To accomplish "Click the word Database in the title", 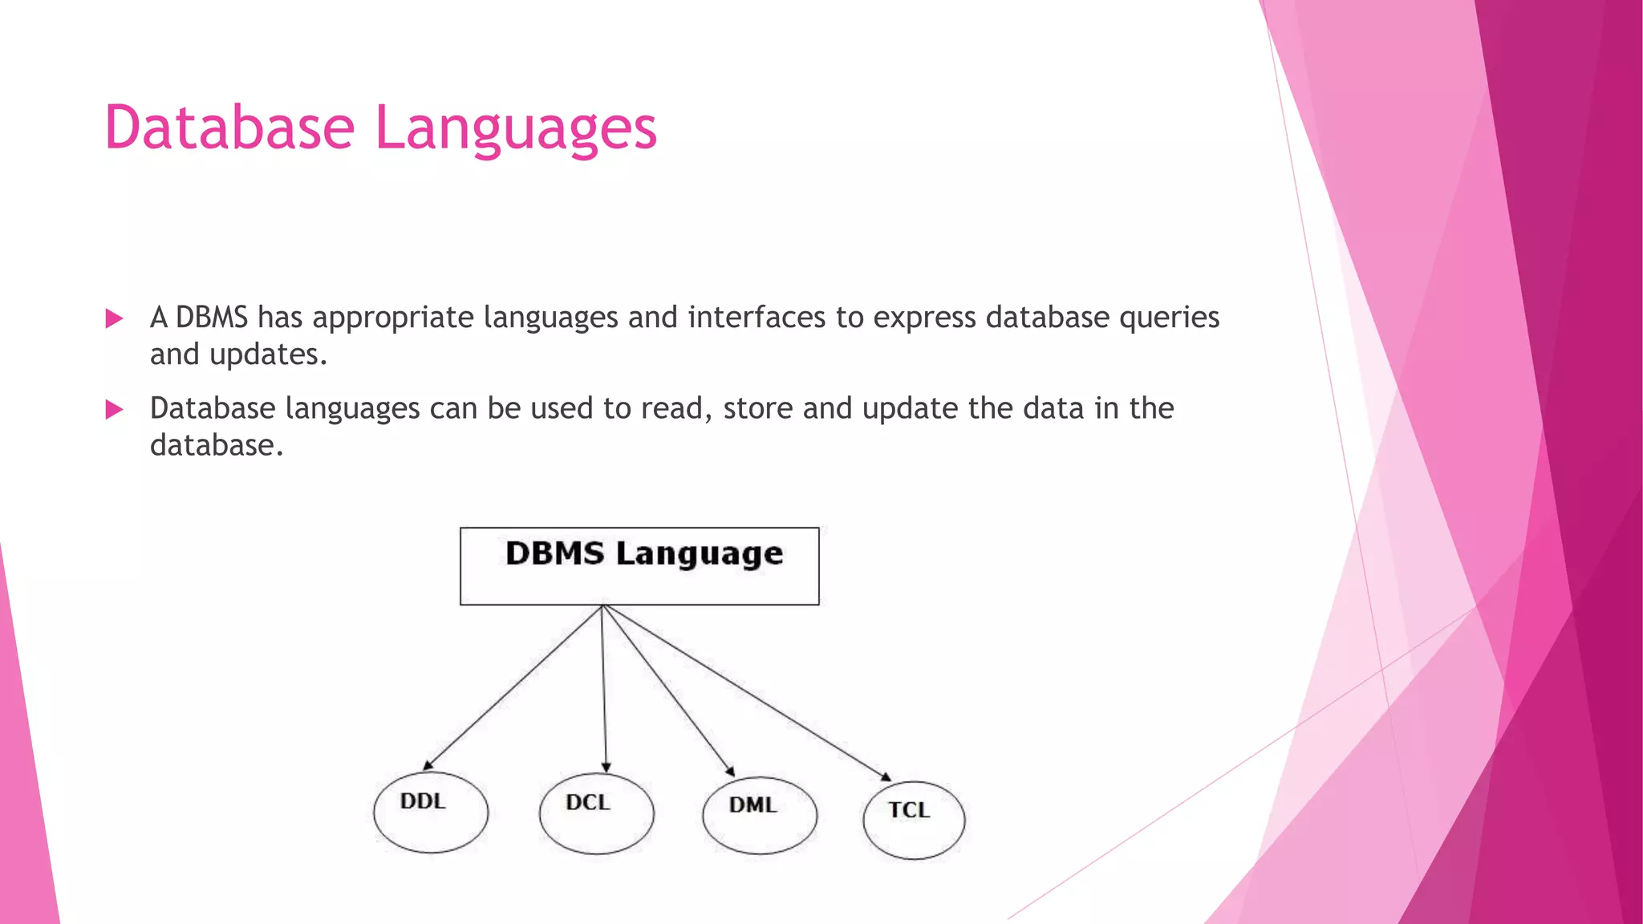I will click(x=229, y=128).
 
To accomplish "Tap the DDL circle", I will click(x=431, y=812).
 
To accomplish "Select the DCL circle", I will click(x=596, y=813).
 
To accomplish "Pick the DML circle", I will click(x=760, y=815).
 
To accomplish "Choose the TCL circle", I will click(x=914, y=820).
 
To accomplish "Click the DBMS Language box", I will click(x=639, y=565).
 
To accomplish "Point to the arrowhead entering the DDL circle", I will click(x=428, y=765).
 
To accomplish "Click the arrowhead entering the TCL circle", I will click(x=886, y=776).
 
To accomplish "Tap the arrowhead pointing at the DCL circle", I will click(x=606, y=768).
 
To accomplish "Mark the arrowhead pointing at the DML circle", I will click(x=730, y=772).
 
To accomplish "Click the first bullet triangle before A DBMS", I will click(x=114, y=319).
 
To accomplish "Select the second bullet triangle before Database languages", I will click(x=114, y=410).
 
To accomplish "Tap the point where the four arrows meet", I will click(x=603, y=606).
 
